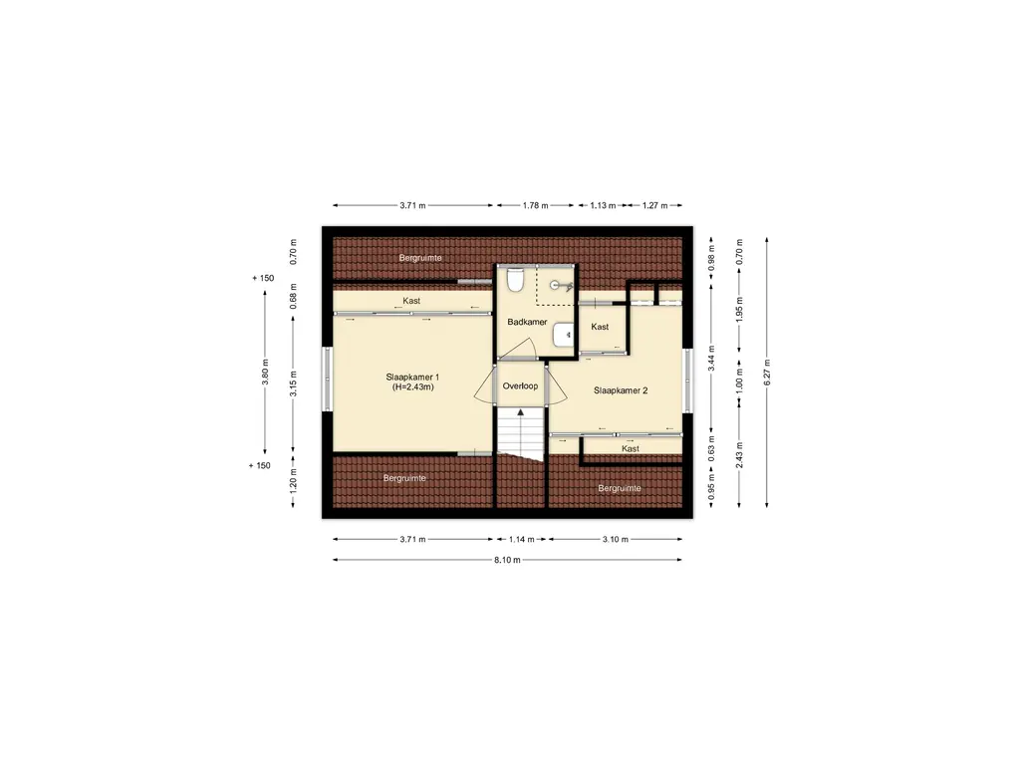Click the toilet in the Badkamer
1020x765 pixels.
(515, 280)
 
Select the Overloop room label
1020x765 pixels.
(520, 385)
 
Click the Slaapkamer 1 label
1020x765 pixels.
(412, 378)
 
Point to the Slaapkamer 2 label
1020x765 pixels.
(621, 390)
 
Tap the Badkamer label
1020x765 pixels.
(527, 322)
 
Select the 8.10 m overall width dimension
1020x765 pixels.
(507, 560)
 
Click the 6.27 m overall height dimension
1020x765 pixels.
(767, 373)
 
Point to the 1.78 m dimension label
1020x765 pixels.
(535, 205)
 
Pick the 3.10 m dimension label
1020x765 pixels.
(616, 539)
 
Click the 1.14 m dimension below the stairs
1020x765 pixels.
(521, 539)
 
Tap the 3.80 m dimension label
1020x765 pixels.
(265, 373)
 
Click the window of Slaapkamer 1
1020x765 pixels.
(327, 380)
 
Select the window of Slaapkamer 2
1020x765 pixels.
(687, 380)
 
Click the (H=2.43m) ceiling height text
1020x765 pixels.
(413, 387)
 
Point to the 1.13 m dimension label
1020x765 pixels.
(603, 205)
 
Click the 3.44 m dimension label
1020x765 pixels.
(711, 359)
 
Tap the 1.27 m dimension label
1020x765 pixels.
(655, 205)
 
